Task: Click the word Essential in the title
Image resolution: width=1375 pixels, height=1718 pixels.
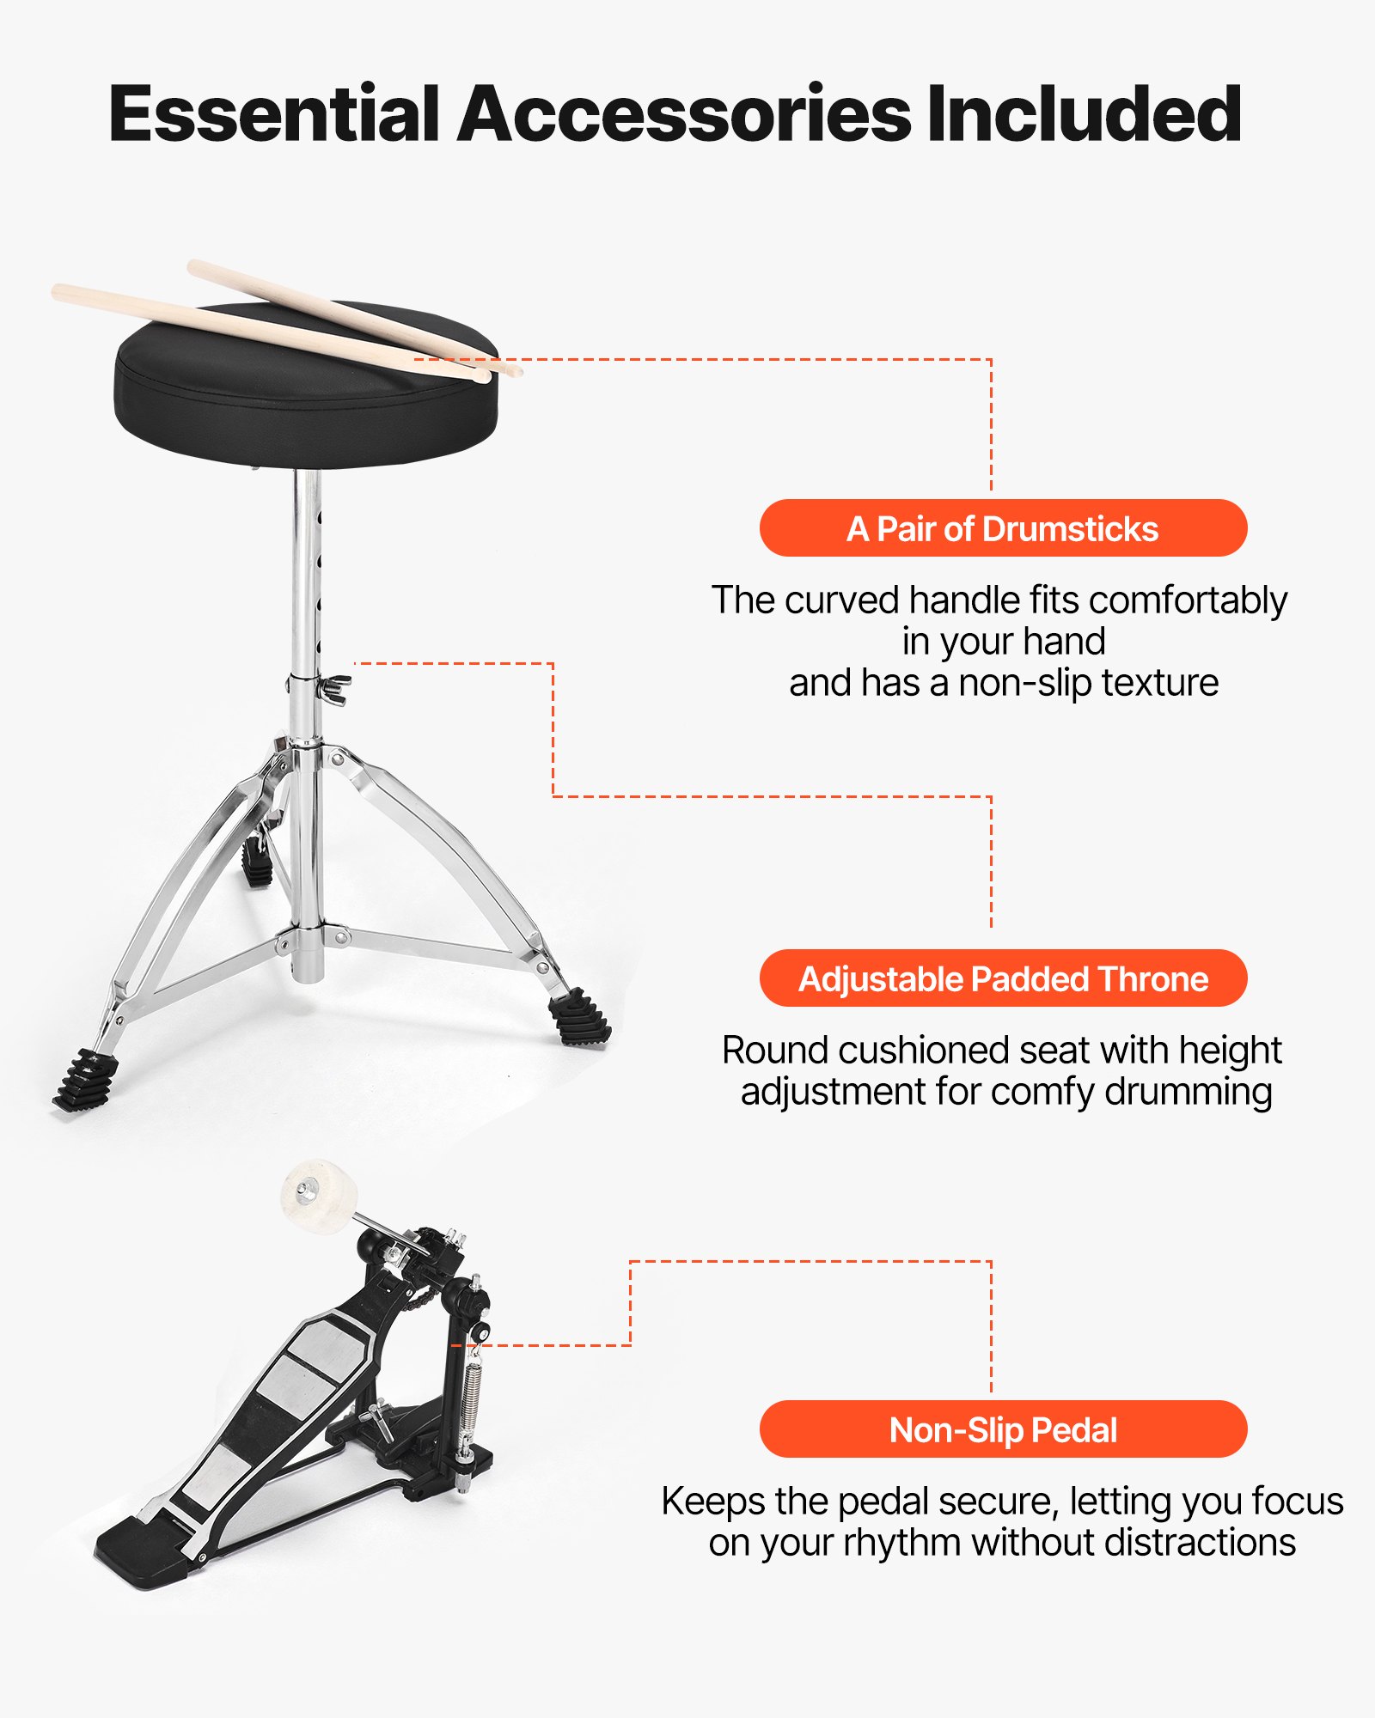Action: pyautogui.click(x=273, y=115)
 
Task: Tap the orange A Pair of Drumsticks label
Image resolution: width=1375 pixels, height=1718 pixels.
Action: pyautogui.click(x=1003, y=528)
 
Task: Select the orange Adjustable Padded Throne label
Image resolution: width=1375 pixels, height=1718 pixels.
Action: pyautogui.click(x=1003, y=978)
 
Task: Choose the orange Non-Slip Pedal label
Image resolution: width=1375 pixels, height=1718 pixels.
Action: pyautogui.click(x=1003, y=1429)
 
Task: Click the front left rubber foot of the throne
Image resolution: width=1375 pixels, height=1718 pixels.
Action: pyautogui.click(x=87, y=1080)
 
